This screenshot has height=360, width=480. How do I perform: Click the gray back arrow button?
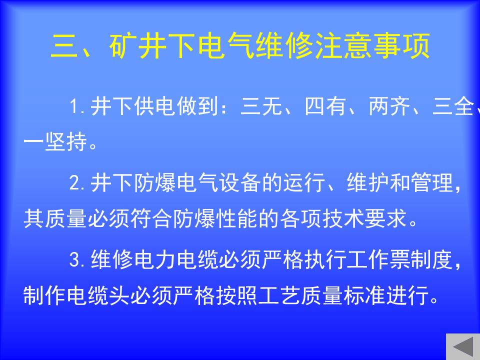click(463, 346)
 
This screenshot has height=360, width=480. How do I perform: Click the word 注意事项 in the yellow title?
click(372, 46)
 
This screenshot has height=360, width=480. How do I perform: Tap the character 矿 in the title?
click(122, 46)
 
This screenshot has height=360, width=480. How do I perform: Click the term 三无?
click(261, 106)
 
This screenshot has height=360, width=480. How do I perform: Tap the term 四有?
click(325, 106)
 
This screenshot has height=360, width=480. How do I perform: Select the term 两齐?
click(389, 106)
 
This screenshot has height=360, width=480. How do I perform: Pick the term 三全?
click(453, 106)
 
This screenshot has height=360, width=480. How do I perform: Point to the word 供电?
click(154, 106)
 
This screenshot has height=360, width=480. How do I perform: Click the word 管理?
click(432, 183)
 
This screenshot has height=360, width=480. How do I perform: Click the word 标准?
click(364, 295)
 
